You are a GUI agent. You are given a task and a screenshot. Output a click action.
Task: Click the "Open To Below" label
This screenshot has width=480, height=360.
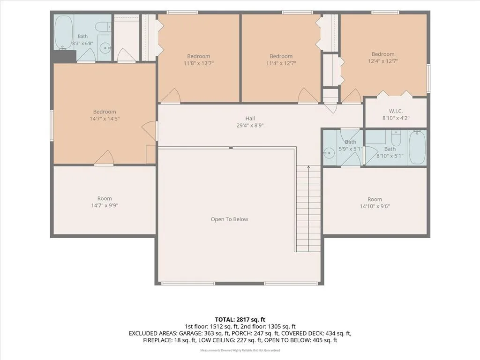click(x=229, y=219)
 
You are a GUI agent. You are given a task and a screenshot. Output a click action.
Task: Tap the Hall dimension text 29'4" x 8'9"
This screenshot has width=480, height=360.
click(x=250, y=125)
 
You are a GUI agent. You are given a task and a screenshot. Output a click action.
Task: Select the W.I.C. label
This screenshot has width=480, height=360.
click(x=396, y=111)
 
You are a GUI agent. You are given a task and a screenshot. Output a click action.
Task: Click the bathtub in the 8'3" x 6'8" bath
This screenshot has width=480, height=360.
click(x=64, y=32)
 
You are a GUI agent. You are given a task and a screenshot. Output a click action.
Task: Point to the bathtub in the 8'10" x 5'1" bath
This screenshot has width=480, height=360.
click(x=417, y=148)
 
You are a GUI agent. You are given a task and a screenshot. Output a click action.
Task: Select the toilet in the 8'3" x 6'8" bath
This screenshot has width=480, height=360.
click(x=104, y=27)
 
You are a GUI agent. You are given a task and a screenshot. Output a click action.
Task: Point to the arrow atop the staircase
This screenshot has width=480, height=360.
click(x=308, y=167)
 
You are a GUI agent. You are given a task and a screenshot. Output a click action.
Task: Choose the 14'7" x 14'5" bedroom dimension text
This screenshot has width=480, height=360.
click(x=105, y=119)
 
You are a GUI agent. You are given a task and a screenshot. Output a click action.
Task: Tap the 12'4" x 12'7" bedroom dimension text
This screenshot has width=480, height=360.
click(x=382, y=61)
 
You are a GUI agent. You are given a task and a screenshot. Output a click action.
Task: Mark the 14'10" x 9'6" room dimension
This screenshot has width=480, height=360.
click(x=375, y=206)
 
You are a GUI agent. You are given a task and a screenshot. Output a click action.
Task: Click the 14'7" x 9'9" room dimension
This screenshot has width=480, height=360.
click(x=105, y=205)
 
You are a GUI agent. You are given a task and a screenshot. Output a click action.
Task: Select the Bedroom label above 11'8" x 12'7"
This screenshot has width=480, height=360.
click(x=199, y=56)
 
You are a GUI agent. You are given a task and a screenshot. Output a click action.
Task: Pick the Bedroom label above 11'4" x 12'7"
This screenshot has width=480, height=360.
click(x=281, y=56)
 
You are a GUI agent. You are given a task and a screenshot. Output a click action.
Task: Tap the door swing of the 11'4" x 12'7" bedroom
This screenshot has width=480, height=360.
click(x=309, y=95)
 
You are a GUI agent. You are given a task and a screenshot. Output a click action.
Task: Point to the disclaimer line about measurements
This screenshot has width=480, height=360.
click(x=240, y=350)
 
